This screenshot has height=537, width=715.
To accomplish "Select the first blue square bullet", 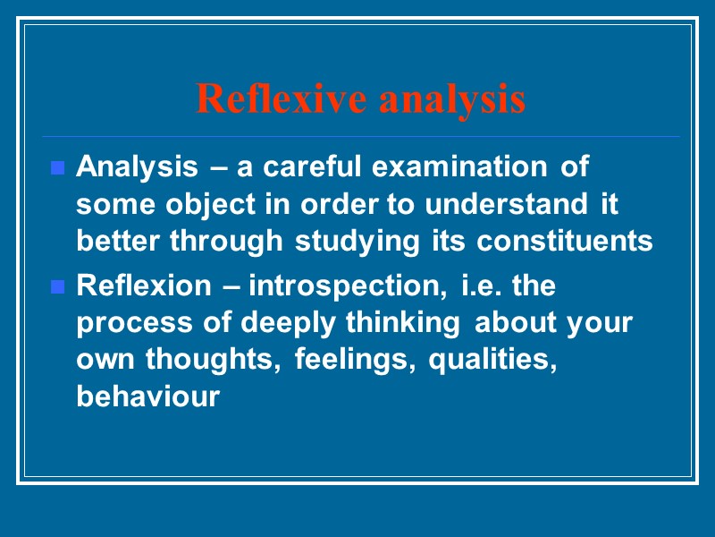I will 58,167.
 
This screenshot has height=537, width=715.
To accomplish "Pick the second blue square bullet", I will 58,288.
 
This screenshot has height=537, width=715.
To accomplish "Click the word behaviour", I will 147,396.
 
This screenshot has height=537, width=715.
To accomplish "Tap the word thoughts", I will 211,359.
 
